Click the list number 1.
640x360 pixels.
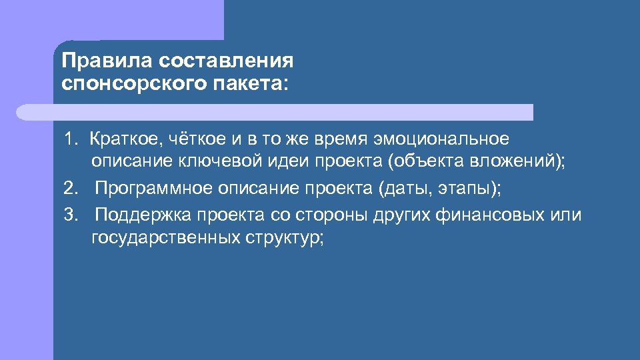(x=70, y=139)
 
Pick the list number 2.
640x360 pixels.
(x=70, y=188)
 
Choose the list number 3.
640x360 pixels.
(x=70, y=215)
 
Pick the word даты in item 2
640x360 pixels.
(x=406, y=189)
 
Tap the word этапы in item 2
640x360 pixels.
(x=467, y=189)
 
